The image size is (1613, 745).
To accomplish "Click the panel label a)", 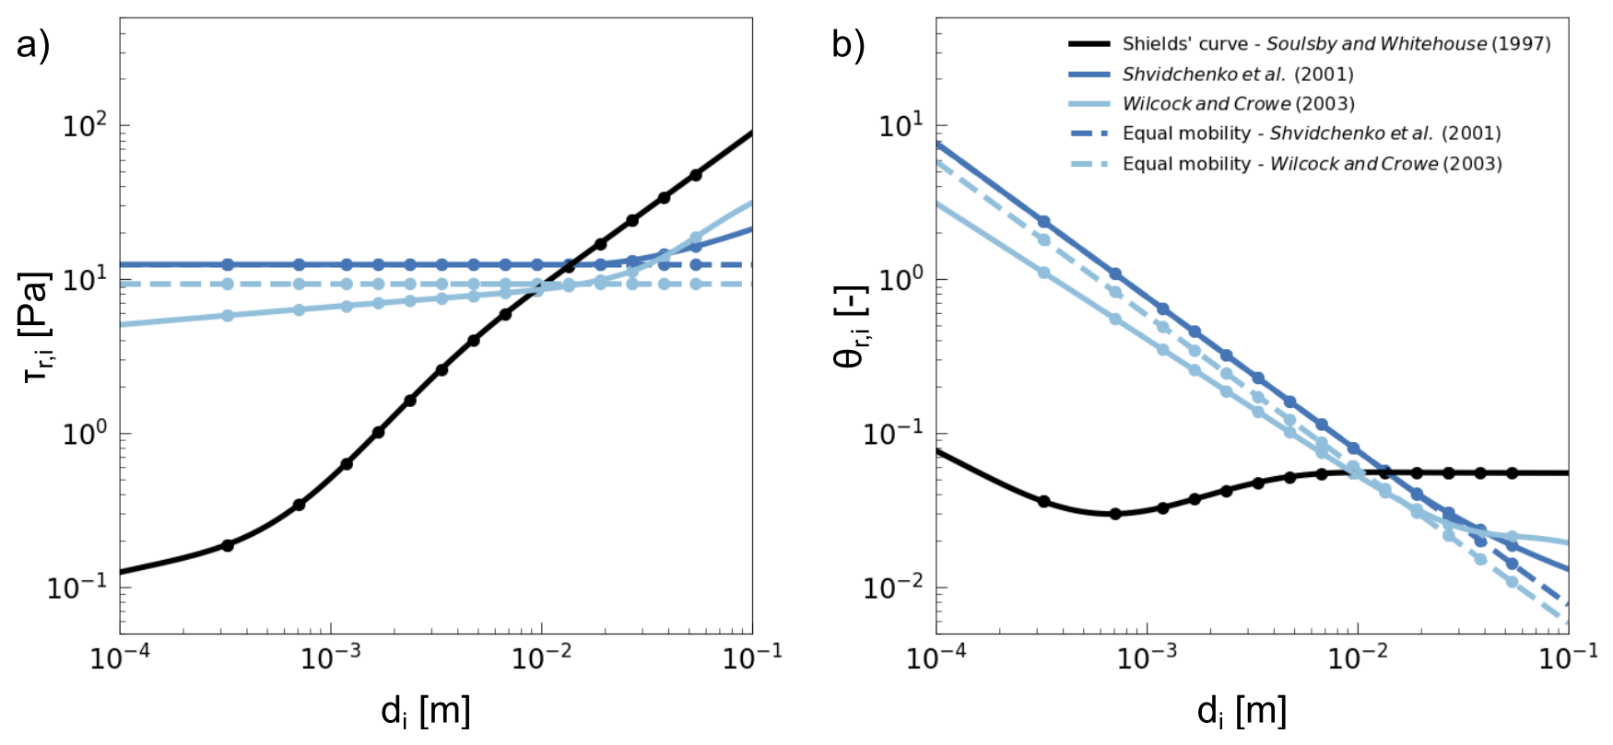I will click(x=32, y=44).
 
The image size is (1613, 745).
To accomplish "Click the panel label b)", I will click(x=848, y=44).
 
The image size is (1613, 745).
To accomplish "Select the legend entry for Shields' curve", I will click(x=1309, y=44).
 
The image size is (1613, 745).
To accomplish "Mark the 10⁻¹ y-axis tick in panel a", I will click(x=77, y=587).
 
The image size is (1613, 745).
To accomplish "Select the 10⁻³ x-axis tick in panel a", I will click(x=331, y=658).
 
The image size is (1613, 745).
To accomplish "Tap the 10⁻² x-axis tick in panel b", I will click(x=1358, y=658).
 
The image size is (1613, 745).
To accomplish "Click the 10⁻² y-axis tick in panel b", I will click(x=894, y=587).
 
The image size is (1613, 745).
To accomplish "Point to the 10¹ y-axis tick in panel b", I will click(x=900, y=125).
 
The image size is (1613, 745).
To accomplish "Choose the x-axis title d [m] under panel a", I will click(x=426, y=712).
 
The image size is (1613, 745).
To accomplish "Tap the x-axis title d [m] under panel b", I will click(x=1242, y=712).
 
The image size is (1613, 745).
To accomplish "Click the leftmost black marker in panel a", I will click(x=228, y=545).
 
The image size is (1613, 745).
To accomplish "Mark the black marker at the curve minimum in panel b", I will click(x=1115, y=514).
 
